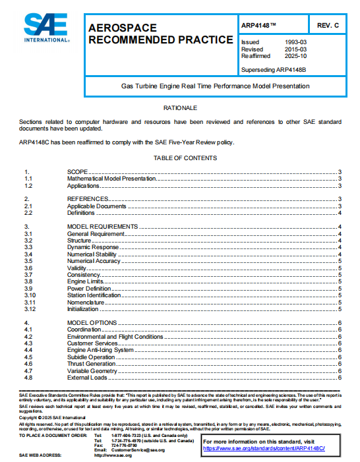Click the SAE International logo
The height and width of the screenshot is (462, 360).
(46, 29)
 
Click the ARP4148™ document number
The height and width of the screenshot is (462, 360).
(259, 24)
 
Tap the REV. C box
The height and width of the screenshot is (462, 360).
(327, 24)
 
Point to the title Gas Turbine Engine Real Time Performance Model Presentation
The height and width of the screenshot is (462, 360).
(215, 86)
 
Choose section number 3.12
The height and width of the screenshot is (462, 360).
(30, 308)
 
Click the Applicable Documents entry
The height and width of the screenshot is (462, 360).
(96, 206)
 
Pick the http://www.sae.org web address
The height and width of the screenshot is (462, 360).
(113, 455)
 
